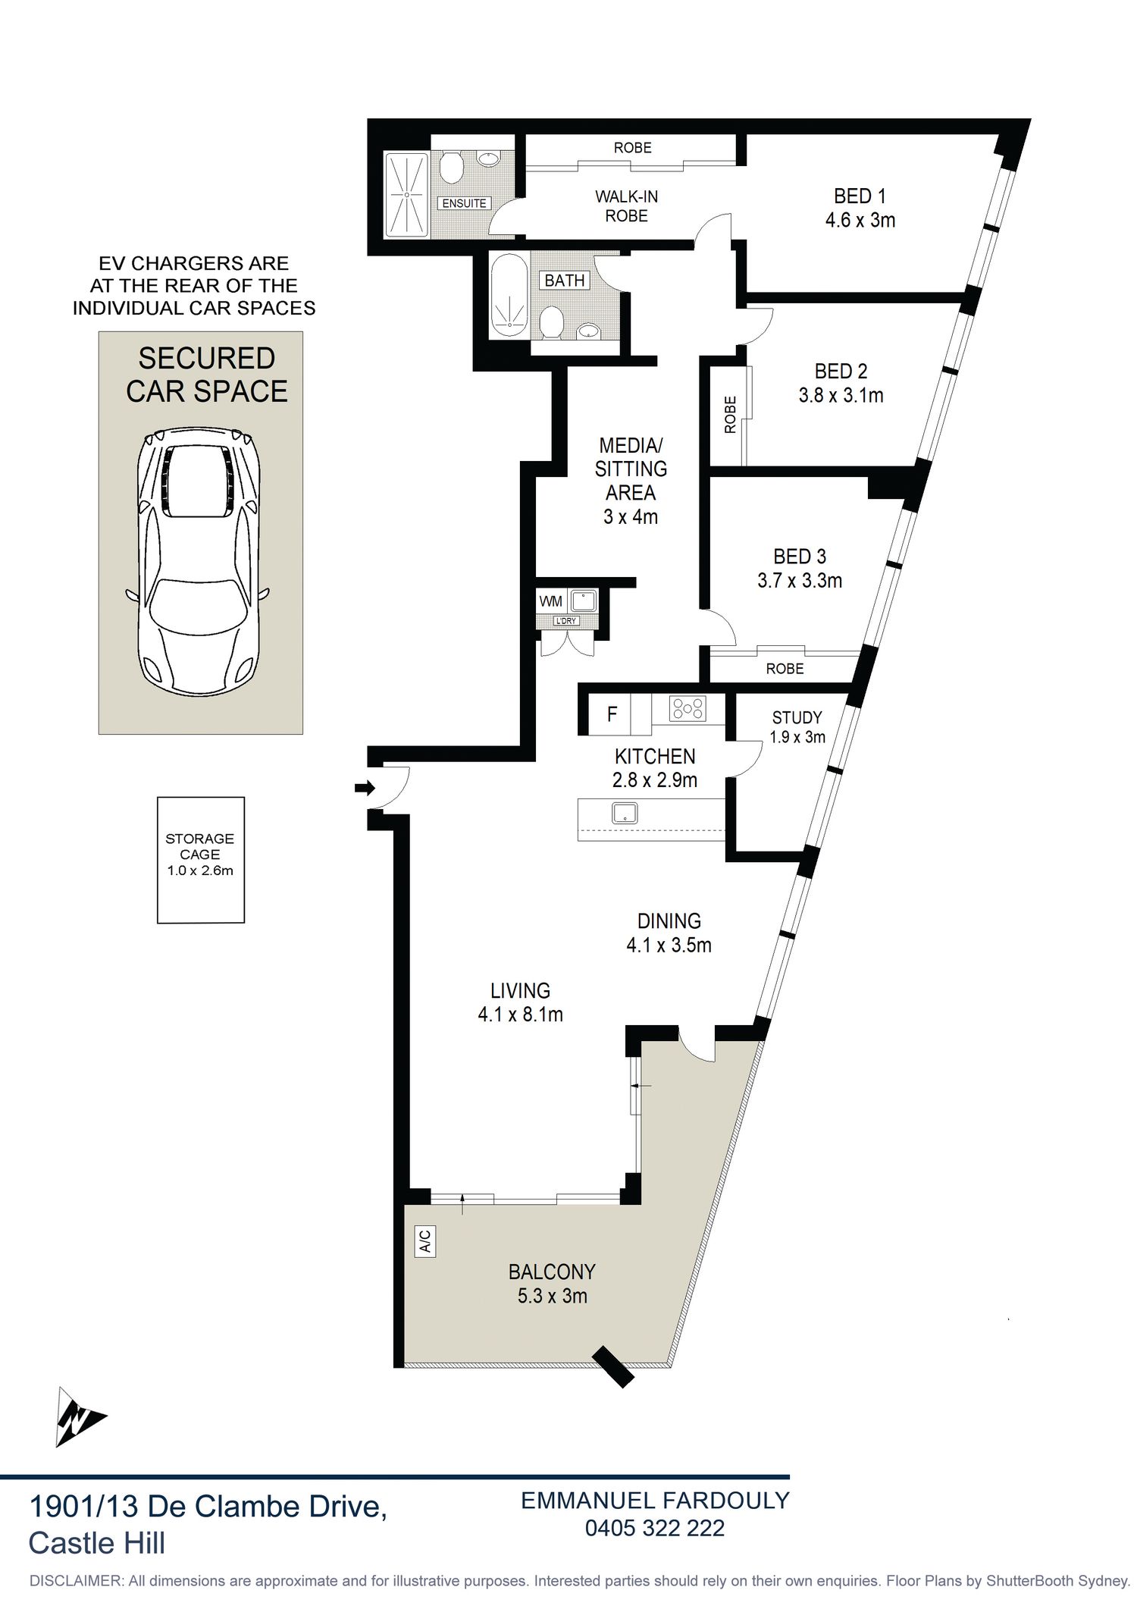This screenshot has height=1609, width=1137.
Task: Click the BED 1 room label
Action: point(860,196)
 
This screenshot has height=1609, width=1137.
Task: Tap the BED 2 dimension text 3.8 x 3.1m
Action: point(841,396)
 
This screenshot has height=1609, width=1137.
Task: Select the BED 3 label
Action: point(800,557)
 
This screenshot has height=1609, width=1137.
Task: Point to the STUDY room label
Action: point(797,717)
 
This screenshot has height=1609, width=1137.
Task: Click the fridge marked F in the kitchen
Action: point(612,714)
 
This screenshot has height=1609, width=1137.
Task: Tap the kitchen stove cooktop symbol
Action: point(688,709)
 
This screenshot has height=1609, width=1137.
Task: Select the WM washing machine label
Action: point(551,601)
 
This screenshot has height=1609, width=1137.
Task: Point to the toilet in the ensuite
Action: point(453,166)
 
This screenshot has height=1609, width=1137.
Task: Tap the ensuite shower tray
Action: point(408,196)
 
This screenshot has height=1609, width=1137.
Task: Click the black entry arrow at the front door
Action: point(365,789)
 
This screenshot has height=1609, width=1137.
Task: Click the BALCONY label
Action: point(552,1272)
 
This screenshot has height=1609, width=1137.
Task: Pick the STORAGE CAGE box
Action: point(201,860)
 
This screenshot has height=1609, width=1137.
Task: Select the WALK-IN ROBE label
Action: point(627,206)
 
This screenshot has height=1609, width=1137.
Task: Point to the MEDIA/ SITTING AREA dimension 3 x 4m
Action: point(631,517)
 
